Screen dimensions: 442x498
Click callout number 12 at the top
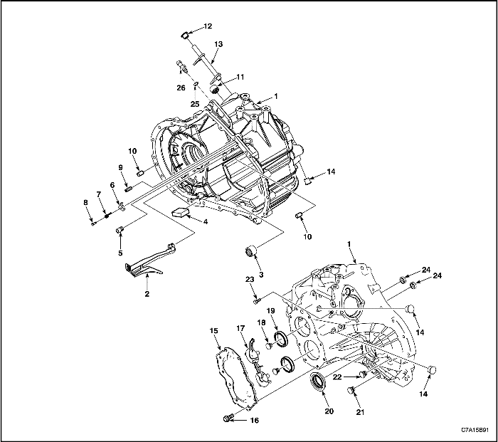208,26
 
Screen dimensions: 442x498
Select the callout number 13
218,44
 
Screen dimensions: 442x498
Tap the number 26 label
181,88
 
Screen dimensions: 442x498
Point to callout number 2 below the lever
147,293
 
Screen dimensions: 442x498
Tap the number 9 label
121,168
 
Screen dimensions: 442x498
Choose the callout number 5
120,252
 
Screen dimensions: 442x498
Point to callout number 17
240,328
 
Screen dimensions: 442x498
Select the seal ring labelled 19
282,337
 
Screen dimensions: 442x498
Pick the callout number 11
240,75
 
